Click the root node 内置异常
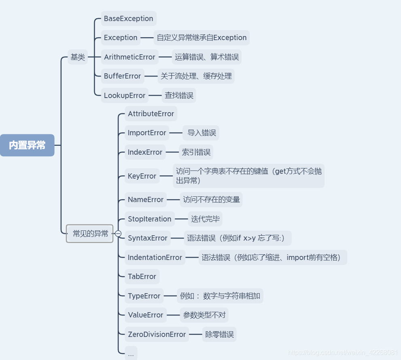coord(27,145)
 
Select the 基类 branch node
coord(78,57)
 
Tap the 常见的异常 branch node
coord(90,233)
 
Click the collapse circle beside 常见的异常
coord(118,233)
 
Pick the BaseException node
coord(128,19)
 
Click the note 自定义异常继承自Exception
coord(202,38)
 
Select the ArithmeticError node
coord(129,57)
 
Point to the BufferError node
coord(122,76)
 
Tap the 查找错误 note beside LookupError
coord(179,96)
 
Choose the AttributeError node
coord(151,114)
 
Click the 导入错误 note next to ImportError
coord(202,133)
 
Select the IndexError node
coord(145,152)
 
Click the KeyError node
coord(142,176)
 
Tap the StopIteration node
coord(149,219)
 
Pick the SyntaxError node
coord(147,238)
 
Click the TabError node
coord(142,277)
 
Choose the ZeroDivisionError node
coord(157,334)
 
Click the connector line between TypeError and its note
coord(170,296)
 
